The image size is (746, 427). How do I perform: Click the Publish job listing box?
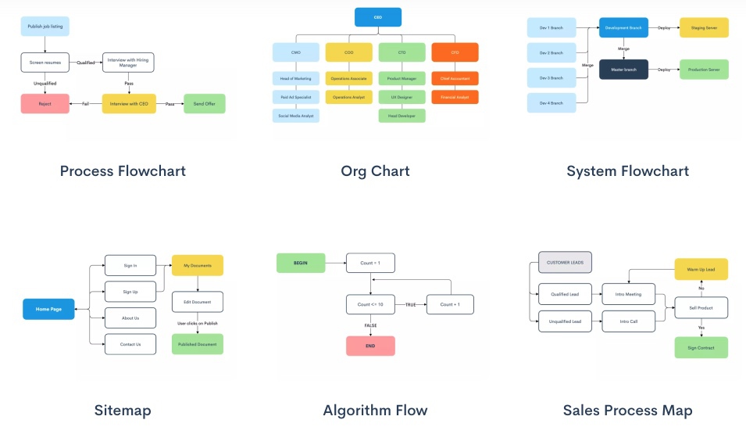pyautogui.click(x=45, y=27)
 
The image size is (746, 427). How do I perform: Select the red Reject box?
pyautogui.click(x=45, y=103)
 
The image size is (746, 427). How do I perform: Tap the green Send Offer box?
pyautogui.click(x=204, y=103)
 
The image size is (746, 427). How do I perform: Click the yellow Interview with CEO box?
pyautogui.click(x=129, y=103)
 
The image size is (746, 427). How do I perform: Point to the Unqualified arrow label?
pyautogui.click(x=45, y=83)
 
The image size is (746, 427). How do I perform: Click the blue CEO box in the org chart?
pyautogui.click(x=378, y=17)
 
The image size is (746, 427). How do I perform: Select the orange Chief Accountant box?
pyautogui.click(x=455, y=78)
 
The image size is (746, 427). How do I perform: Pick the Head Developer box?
pyautogui.click(x=402, y=116)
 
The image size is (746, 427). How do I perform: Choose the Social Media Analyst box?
pyautogui.click(x=296, y=116)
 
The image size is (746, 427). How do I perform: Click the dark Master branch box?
pyautogui.click(x=623, y=70)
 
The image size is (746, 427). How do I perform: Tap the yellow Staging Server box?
pyautogui.click(x=704, y=27)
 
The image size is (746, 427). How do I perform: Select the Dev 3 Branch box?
pyautogui.click(x=551, y=77)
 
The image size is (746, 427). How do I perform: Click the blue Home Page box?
pyautogui.click(x=48, y=309)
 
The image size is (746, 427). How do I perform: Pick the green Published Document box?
pyautogui.click(x=198, y=344)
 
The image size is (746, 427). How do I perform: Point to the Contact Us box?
pyautogui.click(x=130, y=344)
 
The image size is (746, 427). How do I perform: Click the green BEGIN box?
pyautogui.click(x=301, y=264)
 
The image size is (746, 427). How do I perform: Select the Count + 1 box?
pyautogui.click(x=450, y=304)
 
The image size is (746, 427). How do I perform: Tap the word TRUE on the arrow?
pyautogui.click(x=410, y=304)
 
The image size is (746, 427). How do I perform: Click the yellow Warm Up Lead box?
pyautogui.click(x=701, y=269)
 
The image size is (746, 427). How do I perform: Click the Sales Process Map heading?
pyautogui.click(x=627, y=410)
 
